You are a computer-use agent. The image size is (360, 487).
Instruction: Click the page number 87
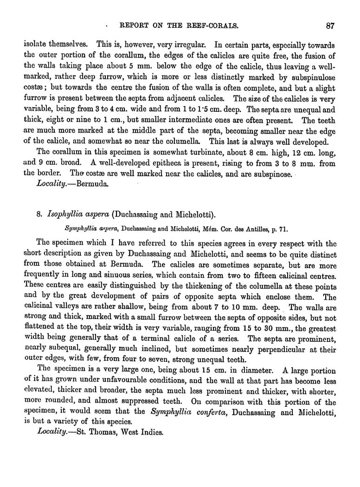330,26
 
